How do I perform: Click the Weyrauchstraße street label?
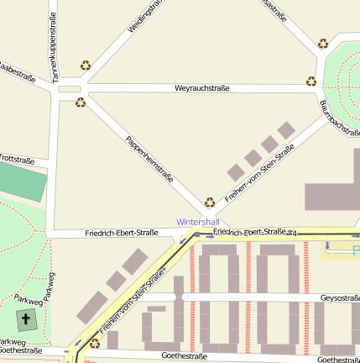(x=203, y=88)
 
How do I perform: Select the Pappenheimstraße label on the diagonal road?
(x=149, y=159)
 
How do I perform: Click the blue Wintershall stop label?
(x=196, y=222)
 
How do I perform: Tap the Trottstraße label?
(x=17, y=159)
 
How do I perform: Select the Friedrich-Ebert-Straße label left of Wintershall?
(x=122, y=233)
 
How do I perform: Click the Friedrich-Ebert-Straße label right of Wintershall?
(x=249, y=231)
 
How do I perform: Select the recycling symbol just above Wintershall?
(x=210, y=202)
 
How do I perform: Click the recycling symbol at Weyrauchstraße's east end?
(x=311, y=82)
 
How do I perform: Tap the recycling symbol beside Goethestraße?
(x=94, y=343)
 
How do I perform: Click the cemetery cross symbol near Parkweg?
(x=25, y=320)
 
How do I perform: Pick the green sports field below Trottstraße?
(x=22, y=181)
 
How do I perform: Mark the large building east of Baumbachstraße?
(x=334, y=189)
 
